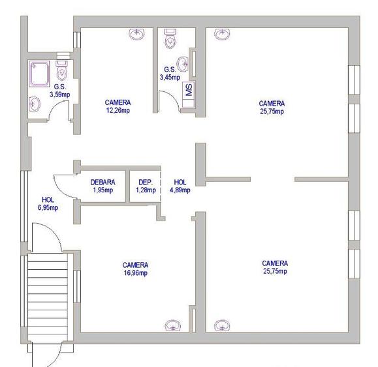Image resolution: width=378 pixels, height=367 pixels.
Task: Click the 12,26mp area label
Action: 118,111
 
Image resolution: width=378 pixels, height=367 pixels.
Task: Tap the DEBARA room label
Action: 102,182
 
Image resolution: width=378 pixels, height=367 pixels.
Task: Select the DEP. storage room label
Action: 146,182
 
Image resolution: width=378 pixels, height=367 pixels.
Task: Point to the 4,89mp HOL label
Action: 180,190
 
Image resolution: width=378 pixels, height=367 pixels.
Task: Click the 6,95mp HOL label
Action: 48,208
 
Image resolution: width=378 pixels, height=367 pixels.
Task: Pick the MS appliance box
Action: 189,90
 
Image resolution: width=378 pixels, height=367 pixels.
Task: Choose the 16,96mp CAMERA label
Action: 135,273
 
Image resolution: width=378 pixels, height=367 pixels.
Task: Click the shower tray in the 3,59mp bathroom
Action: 39,72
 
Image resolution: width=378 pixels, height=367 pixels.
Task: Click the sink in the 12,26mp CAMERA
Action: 138,33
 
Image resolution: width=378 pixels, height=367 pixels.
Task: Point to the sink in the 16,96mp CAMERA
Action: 173,325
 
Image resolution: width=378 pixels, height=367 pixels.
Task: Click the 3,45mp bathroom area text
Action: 170,77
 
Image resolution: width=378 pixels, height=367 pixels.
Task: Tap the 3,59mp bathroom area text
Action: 59,95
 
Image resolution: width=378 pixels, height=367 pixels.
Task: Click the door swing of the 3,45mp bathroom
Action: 170,99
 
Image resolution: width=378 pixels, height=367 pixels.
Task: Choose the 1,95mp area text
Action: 102,190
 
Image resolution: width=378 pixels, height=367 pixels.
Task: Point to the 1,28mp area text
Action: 146,190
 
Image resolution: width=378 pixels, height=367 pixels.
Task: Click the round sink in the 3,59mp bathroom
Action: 34,102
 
